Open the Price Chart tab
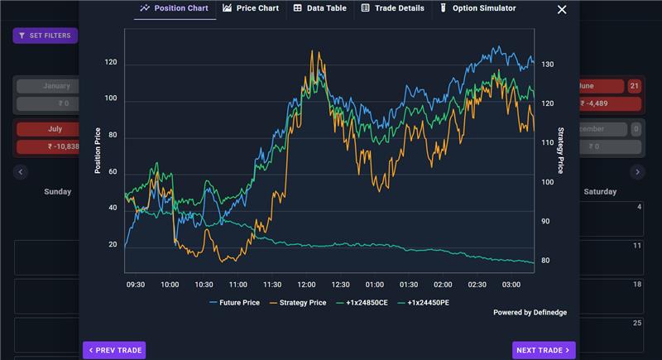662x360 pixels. [x=251, y=8]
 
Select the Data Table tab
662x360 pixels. [x=320, y=8]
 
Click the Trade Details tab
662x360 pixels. [x=393, y=8]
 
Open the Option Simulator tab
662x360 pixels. [x=478, y=8]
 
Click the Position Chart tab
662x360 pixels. [x=175, y=8]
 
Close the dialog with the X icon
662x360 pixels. [x=562, y=9]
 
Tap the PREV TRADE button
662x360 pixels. [x=114, y=350]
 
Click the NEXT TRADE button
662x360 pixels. [x=544, y=350]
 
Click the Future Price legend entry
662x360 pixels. [x=235, y=303]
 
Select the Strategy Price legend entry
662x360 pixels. [x=298, y=303]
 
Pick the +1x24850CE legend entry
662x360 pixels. [x=362, y=303]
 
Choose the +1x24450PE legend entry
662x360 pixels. [x=424, y=303]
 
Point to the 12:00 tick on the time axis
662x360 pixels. [x=306, y=285]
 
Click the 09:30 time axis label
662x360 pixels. [x=136, y=285]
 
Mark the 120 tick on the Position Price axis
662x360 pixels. [x=111, y=62]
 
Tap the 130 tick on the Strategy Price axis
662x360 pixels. [x=548, y=65]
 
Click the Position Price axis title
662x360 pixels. [x=98, y=151]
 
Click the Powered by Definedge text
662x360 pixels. [x=530, y=312]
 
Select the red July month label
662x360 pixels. [x=55, y=129]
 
